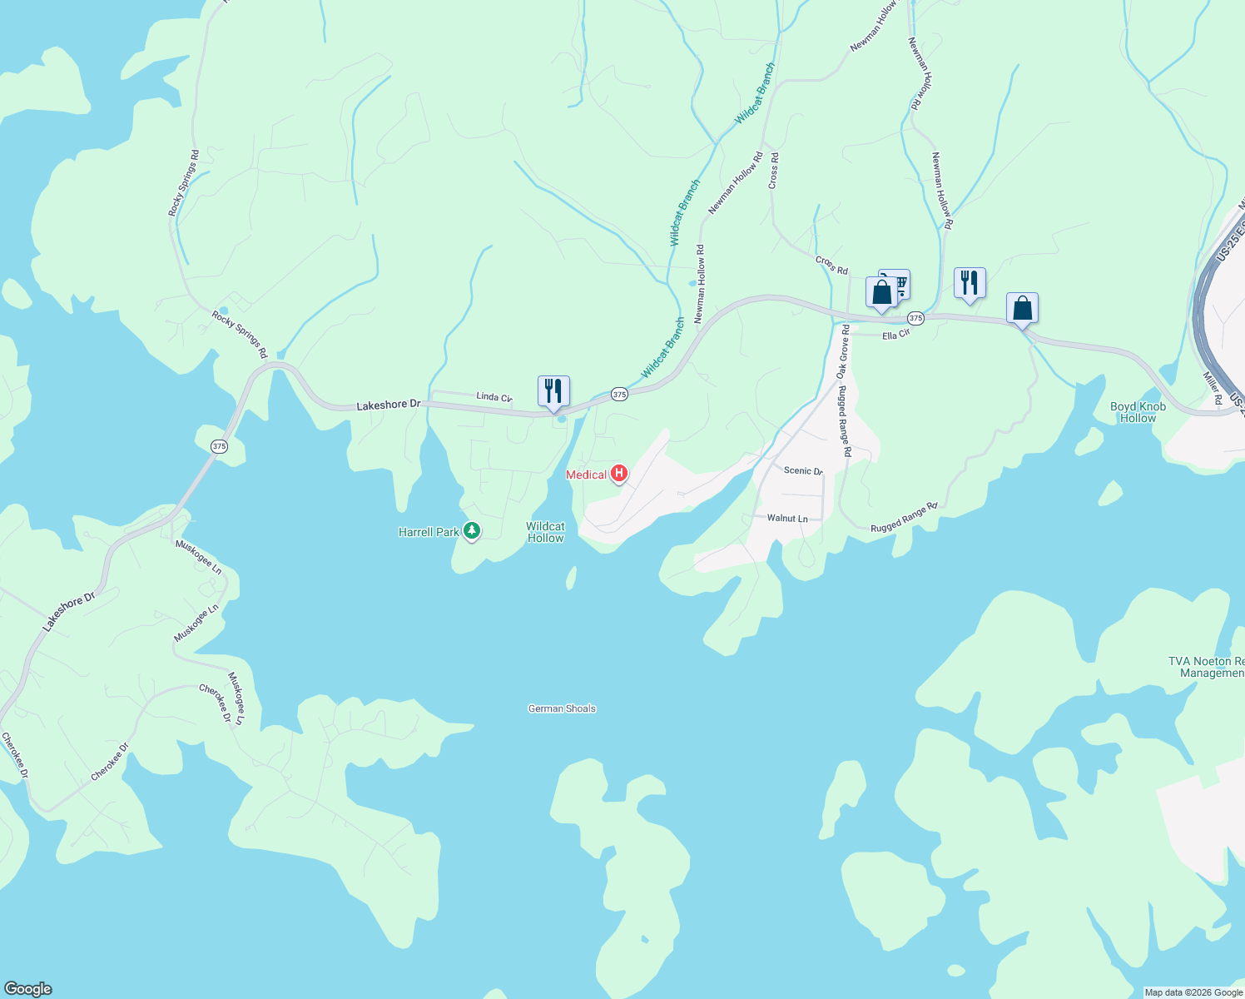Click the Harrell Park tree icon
coord(472,531)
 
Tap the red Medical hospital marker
coord(618,475)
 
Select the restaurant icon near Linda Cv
coord(553,390)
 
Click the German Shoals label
coord(562,708)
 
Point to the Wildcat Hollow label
coord(545,532)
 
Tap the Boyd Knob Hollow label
coord(1138,412)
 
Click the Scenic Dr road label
coord(803,470)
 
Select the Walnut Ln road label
coord(787,518)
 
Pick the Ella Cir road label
coord(896,335)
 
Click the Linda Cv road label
coord(494,397)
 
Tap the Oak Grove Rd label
coord(842,352)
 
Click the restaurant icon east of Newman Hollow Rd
coord(970,283)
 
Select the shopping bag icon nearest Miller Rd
coord(1022,308)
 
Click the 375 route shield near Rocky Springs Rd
coord(219,446)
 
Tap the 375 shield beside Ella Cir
coord(915,318)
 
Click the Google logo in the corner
coord(27,989)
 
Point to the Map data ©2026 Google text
coord(1193,992)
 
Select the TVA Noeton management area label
coord(1206,667)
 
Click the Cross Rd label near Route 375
coord(831,265)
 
